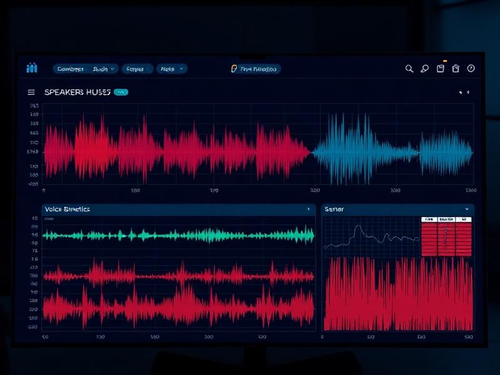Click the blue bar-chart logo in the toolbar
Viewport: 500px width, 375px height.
tap(32, 68)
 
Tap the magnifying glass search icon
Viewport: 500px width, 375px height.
tap(409, 69)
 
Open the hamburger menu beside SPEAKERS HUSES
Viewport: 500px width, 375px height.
tap(31, 92)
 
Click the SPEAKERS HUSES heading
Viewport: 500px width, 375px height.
tap(77, 92)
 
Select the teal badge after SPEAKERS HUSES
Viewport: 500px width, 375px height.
tap(121, 92)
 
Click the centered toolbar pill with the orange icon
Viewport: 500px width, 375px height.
tap(256, 69)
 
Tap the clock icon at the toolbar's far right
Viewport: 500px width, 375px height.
tap(471, 69)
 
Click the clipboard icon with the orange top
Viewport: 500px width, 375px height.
tap(441, 69)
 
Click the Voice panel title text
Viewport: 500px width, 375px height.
tap(67, 209)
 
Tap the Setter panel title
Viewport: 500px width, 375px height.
tap(334, 209)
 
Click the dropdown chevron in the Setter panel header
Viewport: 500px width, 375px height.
tap(467, 209)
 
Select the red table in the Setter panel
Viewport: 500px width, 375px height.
tap(446, 237)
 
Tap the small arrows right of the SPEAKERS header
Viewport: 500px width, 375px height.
tap(464, 92)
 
